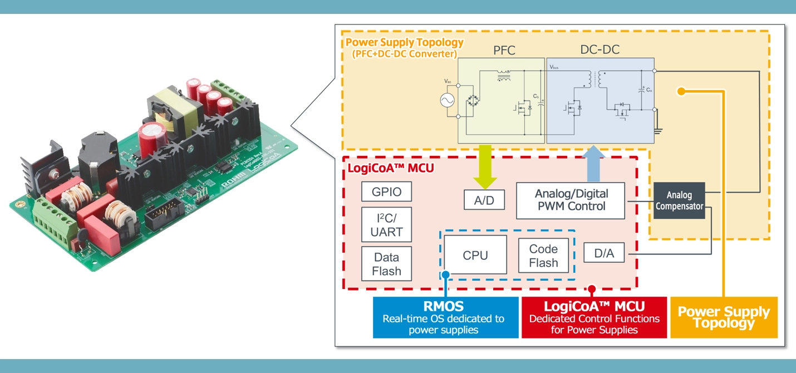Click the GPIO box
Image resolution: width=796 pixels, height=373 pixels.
(386, 192)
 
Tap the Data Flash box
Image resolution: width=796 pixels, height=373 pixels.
(386, 264)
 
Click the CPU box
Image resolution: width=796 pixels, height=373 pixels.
(475, 256)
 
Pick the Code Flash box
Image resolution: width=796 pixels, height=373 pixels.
(543, 256)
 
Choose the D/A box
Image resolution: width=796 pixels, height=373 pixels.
(603, 253)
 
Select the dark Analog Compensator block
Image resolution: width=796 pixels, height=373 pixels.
(679, 200)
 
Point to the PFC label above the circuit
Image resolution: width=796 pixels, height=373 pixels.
(504, 51)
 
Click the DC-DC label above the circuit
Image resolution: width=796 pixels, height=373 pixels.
(600, 50)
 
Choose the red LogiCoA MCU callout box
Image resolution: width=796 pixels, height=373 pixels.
(594, 318)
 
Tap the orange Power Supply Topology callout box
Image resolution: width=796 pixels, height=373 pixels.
(723, 318)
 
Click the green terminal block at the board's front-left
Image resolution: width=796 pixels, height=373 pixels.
(56, 222)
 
